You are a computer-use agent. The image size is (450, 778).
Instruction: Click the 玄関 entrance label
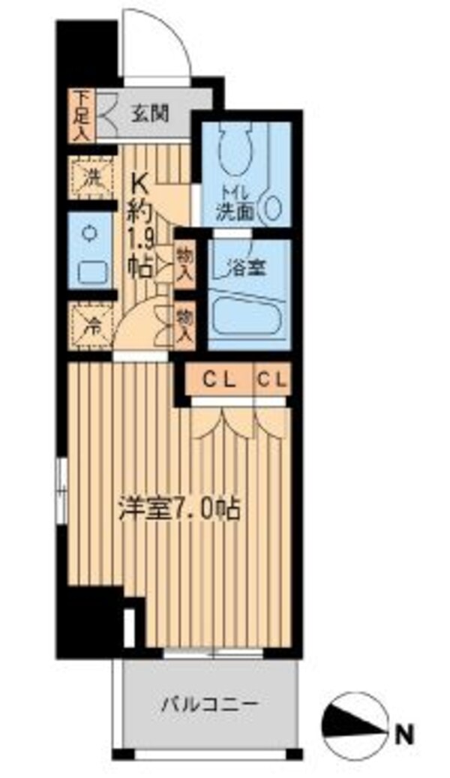[x=150, y=114]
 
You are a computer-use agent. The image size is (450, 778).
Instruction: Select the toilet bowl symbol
[x=235, y=149]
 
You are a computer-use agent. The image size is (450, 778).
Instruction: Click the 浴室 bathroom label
[x=244, y=268]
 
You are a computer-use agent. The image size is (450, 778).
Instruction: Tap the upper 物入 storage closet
[x=184, y=263]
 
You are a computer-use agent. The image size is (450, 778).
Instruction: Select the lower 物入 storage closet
[x=184, y=325]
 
